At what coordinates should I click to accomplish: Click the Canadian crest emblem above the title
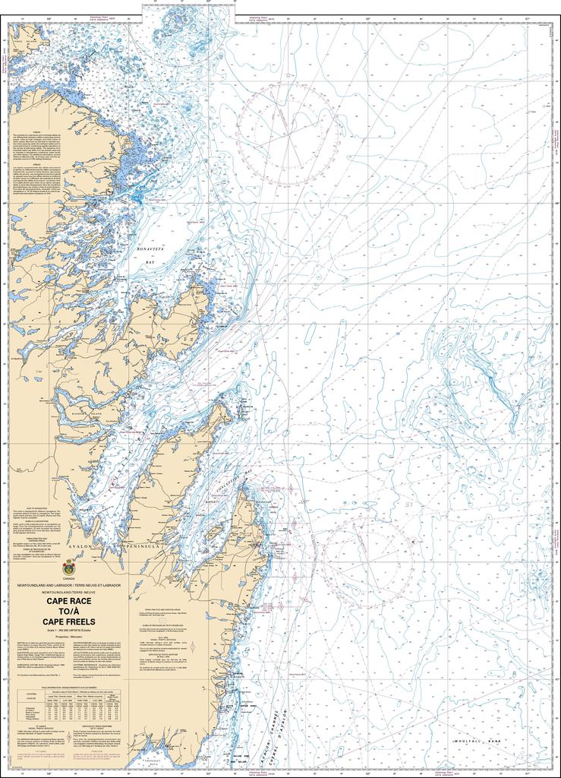pyautogui.click(x=69, y=566)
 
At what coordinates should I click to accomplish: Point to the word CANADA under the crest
pyautogui.click(x=69, y=579)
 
